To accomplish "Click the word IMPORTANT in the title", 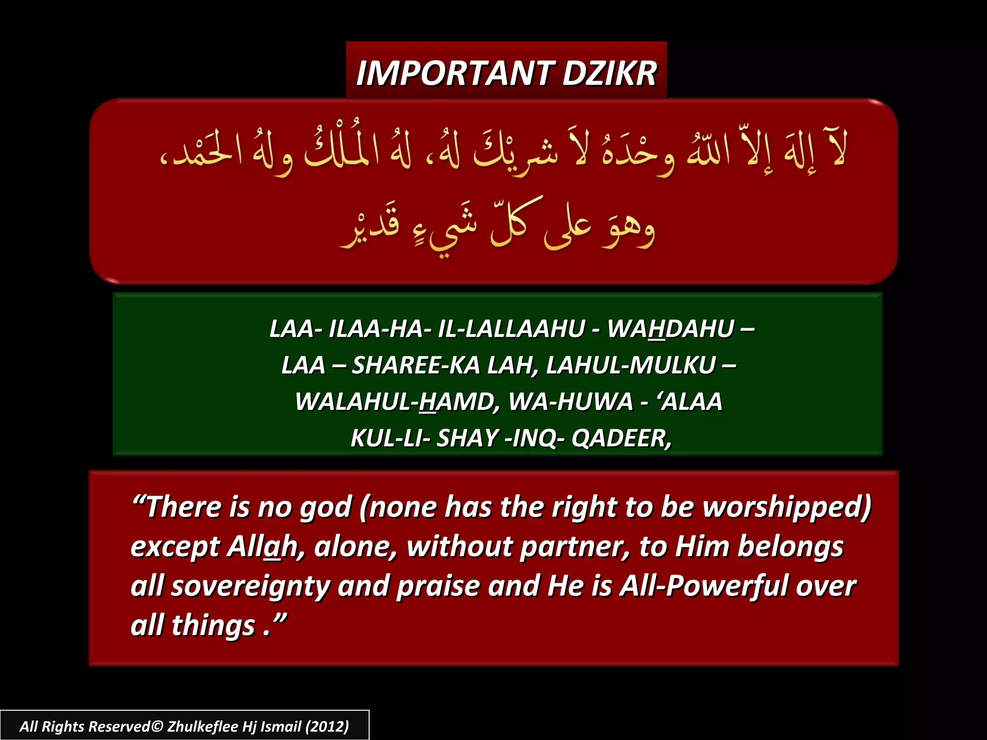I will coord(455,74).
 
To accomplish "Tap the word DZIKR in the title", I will coord(609,74).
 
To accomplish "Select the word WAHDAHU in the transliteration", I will coord(670,329).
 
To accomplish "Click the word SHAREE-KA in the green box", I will coord(416,365).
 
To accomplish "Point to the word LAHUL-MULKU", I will coord(631,365).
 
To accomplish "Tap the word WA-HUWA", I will coord(571,402).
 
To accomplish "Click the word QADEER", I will coord(621,438).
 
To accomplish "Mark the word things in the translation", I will coord(213,625).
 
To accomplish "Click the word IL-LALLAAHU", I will coord(511,329).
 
